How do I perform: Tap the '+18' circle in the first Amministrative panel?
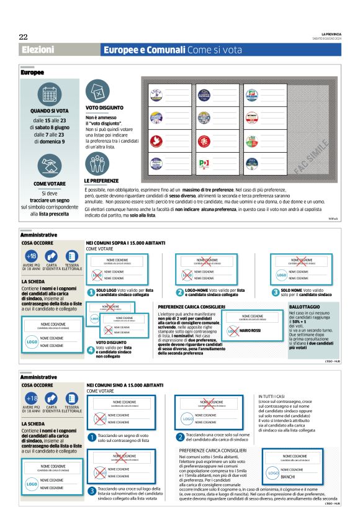tap(31, 256)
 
